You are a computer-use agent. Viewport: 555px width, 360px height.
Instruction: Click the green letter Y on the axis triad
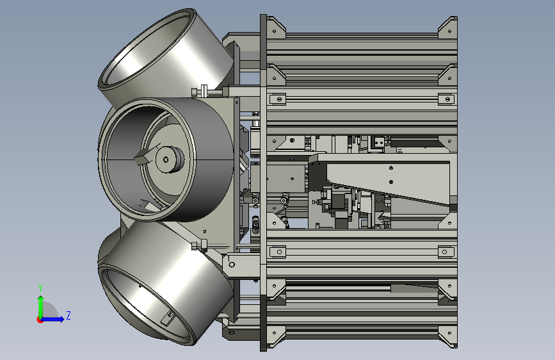[40, 288]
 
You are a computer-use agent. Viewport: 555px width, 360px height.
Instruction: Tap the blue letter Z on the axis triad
[68, 315]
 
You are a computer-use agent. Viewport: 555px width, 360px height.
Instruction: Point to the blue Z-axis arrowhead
[61, 319]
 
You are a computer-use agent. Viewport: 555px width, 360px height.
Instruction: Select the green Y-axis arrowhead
[41, 299]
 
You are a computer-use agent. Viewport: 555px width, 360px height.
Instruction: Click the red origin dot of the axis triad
[39, 320]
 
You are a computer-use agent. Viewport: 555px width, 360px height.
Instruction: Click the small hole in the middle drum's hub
[166, 160]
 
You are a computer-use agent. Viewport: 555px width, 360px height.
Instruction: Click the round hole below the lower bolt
[232, 265]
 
